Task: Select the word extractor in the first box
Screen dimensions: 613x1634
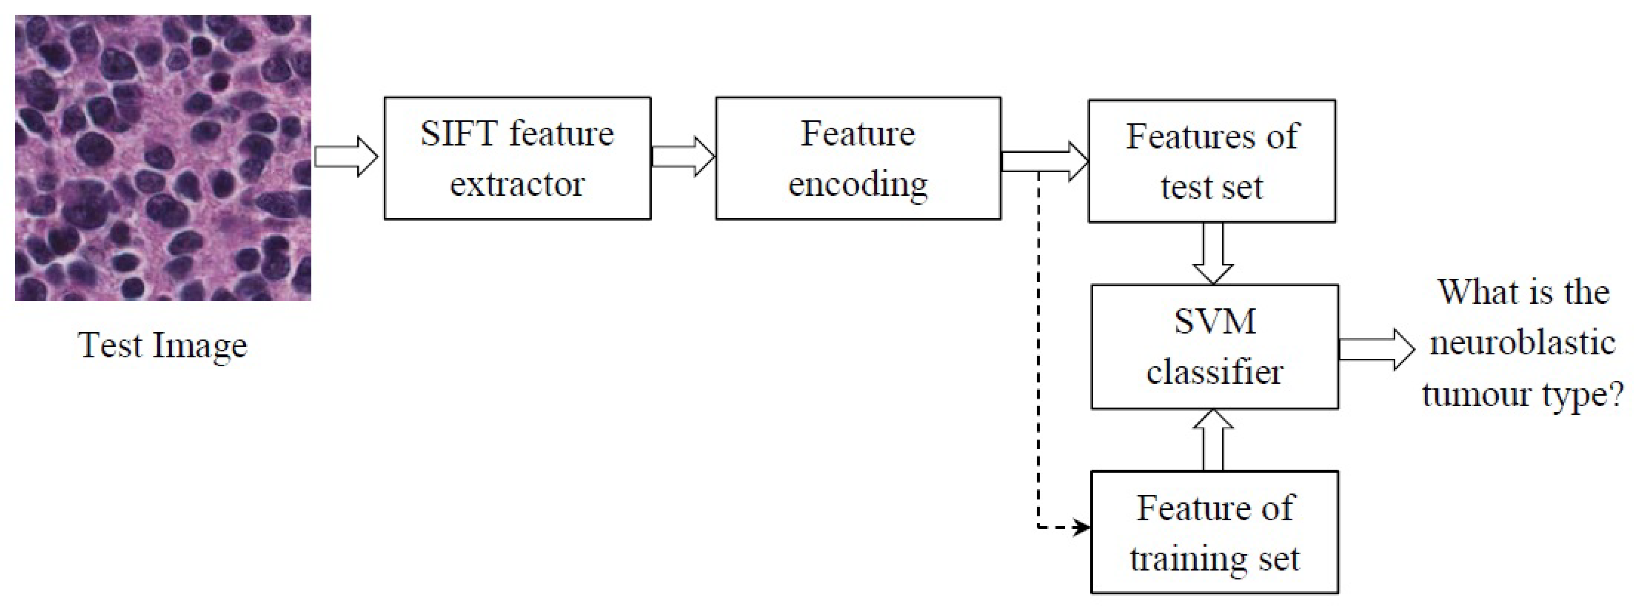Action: [x=517, y=184]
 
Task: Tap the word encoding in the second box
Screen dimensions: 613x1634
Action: [x=858, y=184]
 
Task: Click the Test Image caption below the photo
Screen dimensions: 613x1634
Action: [x=162, y=346]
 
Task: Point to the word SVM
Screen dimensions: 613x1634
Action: [x=1215, y=322]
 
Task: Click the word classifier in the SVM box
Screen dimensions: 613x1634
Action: [x=1215, y=371]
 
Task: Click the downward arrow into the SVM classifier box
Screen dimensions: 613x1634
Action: [x=1213, y=253]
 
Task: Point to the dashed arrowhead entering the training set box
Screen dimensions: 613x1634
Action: [x=1080, y=527]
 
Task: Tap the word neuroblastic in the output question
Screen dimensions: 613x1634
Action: [x=1522, y=344]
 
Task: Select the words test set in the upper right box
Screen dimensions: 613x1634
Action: [x=1212, y=187]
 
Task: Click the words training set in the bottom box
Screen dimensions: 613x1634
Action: [x=1215, y=559]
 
